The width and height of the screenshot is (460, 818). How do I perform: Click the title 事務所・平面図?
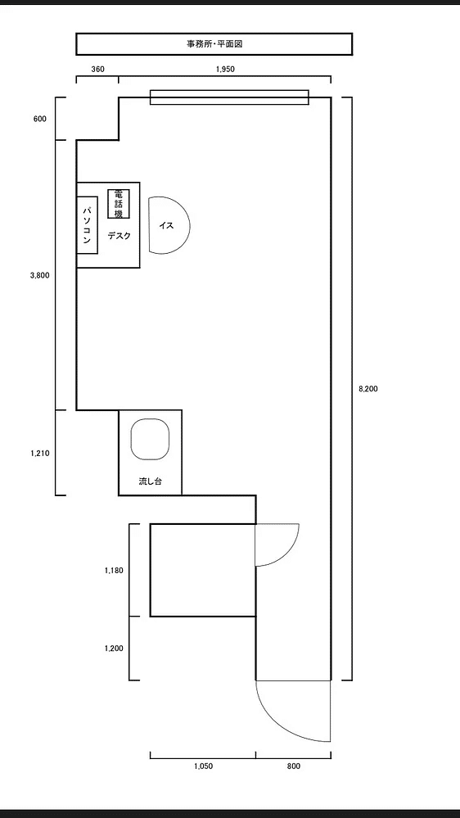pyautogui.click(x=214, y=44)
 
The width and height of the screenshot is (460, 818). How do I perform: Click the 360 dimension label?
pyautogui.click(x=97, y=70)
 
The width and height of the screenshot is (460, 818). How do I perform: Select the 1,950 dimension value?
pyautogui.click(x=225, y=70)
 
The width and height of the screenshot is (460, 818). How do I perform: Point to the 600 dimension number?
pyautogui.click(x=39, y=119)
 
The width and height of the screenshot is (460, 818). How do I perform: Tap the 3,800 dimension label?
pyautogui.click(x=39, y=276)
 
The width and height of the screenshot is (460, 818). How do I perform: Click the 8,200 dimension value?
pyautogui.click(x=368, y=389)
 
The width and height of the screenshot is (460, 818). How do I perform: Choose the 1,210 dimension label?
pyautogui.click(x=39, y=453)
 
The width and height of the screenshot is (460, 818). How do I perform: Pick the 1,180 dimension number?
pyautogui.click(x=114, y=570)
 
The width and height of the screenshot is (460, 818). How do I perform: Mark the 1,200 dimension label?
pyautogui.click(x=114, y=649)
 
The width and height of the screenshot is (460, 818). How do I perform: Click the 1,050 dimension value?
pyautogui.click(x=204, y=766)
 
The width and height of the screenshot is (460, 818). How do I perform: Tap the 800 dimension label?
pyautogui.click(x=293, y=766)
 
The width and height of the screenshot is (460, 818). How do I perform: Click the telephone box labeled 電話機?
pyautogui.click(x=119, y=203)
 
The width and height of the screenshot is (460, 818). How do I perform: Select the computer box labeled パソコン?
pyautogui.click(x=88, y=225)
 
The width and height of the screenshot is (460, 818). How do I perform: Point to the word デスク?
pyautogui.click(x=120, y=237)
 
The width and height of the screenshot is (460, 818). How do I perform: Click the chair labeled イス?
pyautogui.click(x=169, y=225)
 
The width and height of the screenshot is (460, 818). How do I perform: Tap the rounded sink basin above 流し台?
pyautogui.click(x=151, y=440)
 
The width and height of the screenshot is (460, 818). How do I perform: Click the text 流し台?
pyautogui.click(x=151, y=481)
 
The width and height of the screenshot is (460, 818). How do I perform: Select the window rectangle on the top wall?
pyautogui.click(x=229, y=97)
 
